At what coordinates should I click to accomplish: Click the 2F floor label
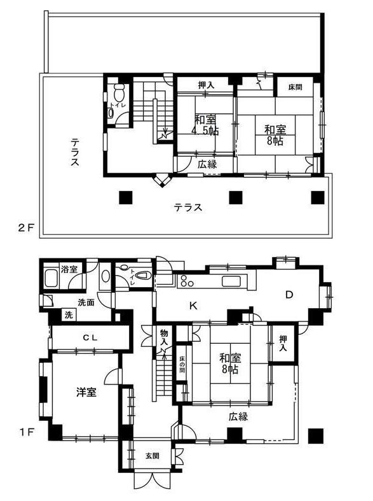coord(25,228)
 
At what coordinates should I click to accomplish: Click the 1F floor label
coord(26,432)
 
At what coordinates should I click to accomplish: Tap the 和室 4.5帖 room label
coord(206,125)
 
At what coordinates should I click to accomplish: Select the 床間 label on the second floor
coord(295,87)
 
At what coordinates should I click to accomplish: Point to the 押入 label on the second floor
coord(206,85)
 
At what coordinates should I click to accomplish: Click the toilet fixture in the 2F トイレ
coord(119,92)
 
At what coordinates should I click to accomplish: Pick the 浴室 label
coord(69,269)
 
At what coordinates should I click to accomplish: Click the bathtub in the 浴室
coord(51,278)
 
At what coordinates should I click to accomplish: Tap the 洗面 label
coord(86,302)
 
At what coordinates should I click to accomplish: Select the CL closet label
coord(90,338)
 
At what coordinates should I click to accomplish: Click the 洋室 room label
coord(86,392)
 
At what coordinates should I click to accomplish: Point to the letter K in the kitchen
coord(193,306)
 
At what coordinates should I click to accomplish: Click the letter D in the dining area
coord(289,295)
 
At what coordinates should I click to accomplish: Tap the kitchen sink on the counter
coord(233,281)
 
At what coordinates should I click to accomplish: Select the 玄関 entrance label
coord(153,456)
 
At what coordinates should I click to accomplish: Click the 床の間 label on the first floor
coord(181,365)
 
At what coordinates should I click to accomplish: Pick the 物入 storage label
coord(164,338)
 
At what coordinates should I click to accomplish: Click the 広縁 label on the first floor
coord(238,416)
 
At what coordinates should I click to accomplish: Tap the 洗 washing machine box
coord(69,315)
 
